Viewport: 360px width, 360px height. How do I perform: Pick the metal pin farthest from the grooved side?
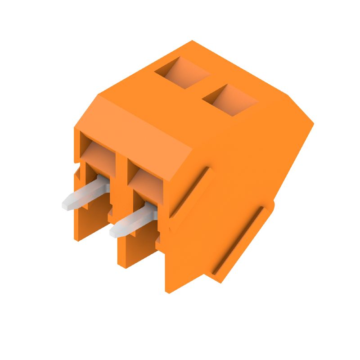tap(85, 193)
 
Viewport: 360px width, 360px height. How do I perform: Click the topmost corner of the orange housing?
tap(193, 41)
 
